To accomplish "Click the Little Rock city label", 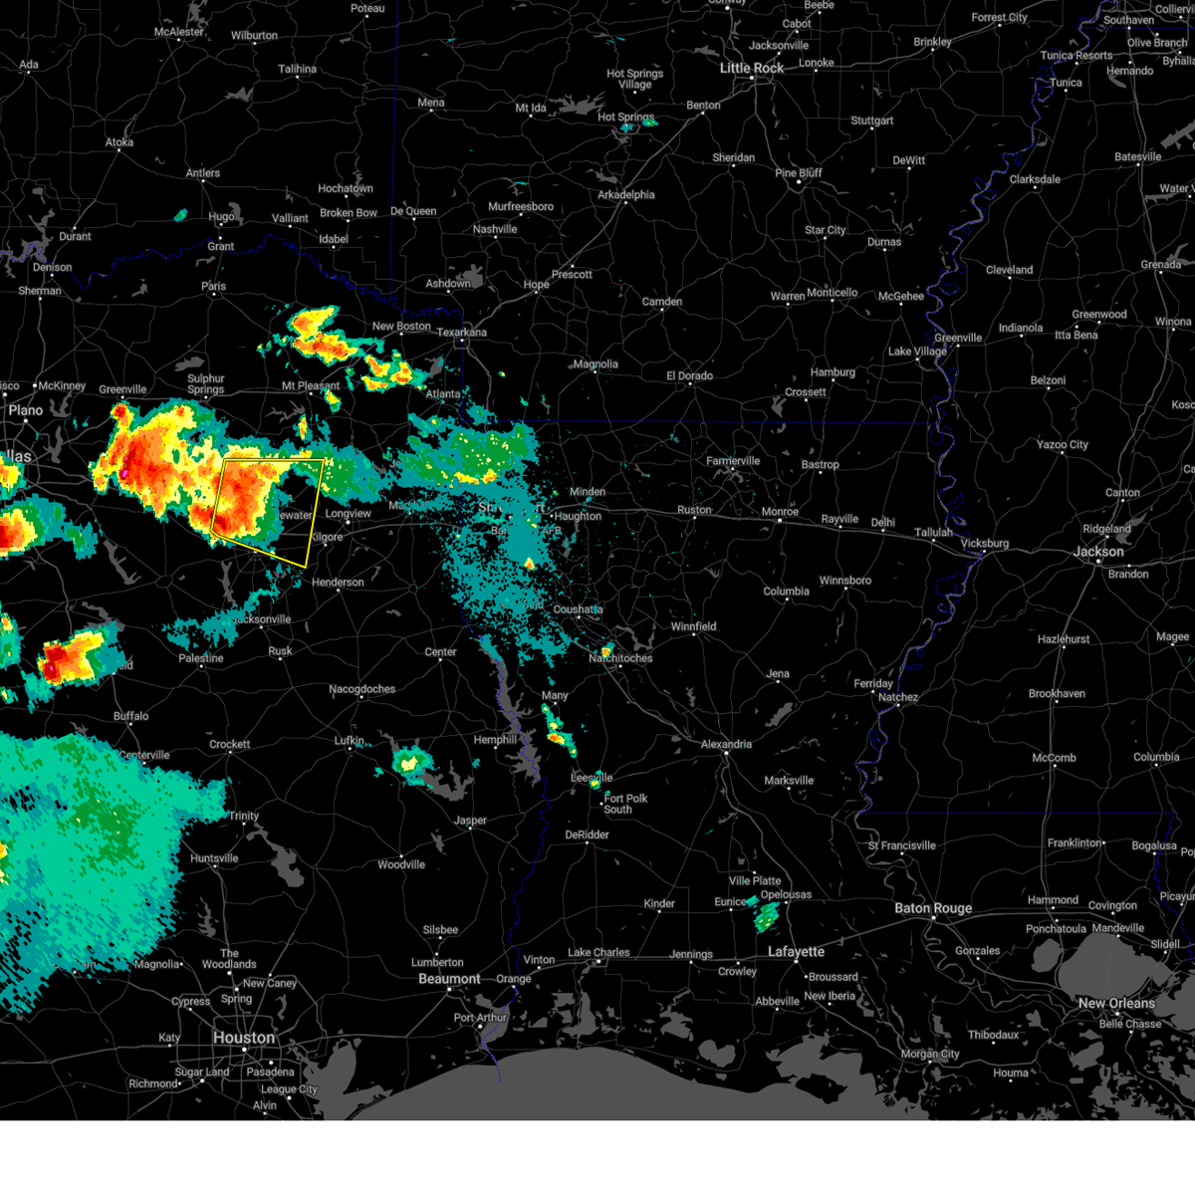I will pyautogui.click(x=752, y=68).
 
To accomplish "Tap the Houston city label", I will pyautogui.click(x=243, y=1038).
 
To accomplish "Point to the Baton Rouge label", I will pyautogui.click(x=933, y=908).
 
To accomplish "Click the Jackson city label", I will pyautogui.click(x=1098, y=552).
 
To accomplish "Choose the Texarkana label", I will pyautogui.click(x=462, y=333).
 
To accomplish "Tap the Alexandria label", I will pyautogui.click(x=726, y=744).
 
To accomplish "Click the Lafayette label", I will pyautogui.click(x=796, y=952).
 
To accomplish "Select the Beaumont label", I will pyautogui.click(x=449, y=979).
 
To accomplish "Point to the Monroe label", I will pyautogui.click(x=780, y=512).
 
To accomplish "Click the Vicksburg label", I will pyautogui.click(x=985, y=544).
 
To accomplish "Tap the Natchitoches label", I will pyautogui.click(x=620, y=658).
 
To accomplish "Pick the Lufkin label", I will pyautogui.click(x=349, y=741).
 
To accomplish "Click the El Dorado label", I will pyautogui.click(x=689, y=375).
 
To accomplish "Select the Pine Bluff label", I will pyautogui.click(x=799, y=172).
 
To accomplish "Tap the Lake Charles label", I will pyautogui.click(x=598, y=952).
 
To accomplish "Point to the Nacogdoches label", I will pyautogui.click(x=361, y=689).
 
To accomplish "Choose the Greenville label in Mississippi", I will pyautogui.click(x=958, y=338).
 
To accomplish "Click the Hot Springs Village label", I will pyautogui.click(x=634, y=79).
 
